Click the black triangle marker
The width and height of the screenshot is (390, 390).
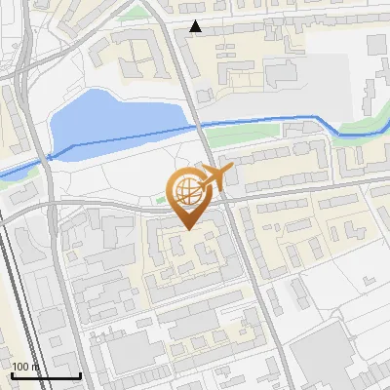[196, 26]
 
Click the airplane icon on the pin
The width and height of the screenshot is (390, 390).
[214, 177]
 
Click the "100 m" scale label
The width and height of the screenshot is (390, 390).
[26, 367]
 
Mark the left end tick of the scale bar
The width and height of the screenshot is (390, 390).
[12, 373]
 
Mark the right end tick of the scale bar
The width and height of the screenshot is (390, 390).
[80, 373]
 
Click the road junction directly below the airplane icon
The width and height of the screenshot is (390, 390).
[223, 199]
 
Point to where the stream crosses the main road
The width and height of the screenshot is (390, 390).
[201, 124]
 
